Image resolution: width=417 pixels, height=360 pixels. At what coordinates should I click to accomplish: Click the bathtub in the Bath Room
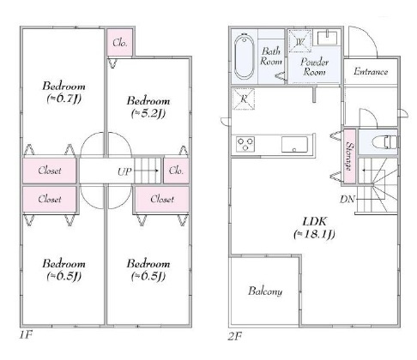[244, 57]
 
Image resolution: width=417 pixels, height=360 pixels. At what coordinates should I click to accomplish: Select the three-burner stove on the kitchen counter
[245, 144]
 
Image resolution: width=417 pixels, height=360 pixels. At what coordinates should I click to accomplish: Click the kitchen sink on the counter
[294, 144]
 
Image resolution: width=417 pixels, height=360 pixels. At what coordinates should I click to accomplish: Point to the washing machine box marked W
[299, 41]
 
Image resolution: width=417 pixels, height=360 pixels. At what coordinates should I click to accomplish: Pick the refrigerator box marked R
[244, 99]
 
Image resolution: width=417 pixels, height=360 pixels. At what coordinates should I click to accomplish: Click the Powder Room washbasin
[327, 38]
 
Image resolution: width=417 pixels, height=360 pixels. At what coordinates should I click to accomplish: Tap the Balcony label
[265, 291]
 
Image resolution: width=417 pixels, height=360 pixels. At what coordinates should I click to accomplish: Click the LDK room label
[314, 228]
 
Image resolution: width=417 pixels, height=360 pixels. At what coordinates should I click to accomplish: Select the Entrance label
[371, 71]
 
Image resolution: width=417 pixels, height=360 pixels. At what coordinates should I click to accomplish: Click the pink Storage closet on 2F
[349, 156]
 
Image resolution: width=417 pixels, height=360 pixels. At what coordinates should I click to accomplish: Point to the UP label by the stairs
[124, 171]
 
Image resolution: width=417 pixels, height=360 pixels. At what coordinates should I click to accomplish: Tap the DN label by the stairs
[347, 199]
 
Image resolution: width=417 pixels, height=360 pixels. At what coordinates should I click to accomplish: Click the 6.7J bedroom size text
[64, 99]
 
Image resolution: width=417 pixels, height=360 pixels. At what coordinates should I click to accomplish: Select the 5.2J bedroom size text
[148, 113]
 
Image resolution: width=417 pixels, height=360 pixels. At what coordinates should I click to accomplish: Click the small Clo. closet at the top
[120, 42]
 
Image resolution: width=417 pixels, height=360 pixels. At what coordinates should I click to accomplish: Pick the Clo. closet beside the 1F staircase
[176, 171]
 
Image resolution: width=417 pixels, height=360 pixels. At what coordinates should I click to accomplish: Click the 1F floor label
[26, 334]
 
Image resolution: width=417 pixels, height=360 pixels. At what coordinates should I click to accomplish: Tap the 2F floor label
[235, 336]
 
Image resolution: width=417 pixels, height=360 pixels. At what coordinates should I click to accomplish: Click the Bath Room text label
[271, 57]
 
